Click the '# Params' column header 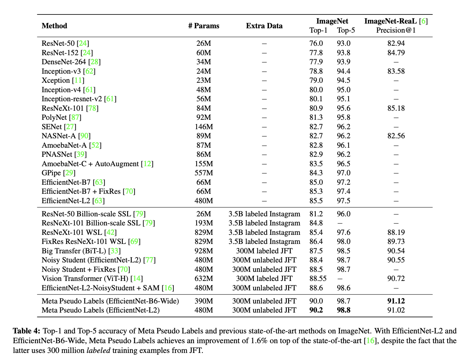pos(203,26)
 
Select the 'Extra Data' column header pos(264,26)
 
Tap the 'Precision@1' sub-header pos(396,30)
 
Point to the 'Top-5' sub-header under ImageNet pos(346,30)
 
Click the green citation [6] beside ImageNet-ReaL pos(424,21)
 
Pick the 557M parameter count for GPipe pos(203,173)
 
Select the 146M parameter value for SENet pos(203,127)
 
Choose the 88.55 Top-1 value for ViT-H pos(318,279)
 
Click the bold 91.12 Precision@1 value pos(396,301)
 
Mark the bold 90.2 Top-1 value pos(316,310)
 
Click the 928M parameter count pos(203,251)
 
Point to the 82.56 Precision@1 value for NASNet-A pos(396,136)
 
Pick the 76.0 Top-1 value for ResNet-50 pos(316,43)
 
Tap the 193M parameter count pos(203,223)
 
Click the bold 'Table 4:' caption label pos(27,331)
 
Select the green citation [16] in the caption pos(370,340)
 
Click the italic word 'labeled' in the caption pos(98,350)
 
